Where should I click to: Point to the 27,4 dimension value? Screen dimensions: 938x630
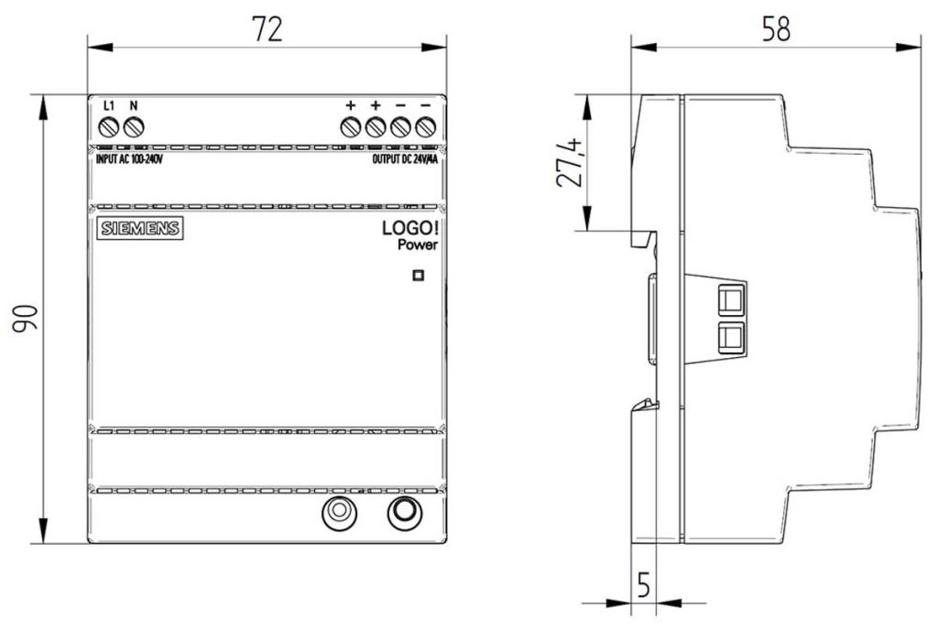click(570, 162)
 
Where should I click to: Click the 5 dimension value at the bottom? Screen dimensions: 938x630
click(644, 585)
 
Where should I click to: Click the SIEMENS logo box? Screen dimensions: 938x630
click(137, 228)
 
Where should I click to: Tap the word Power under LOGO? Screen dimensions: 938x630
click(417, 245)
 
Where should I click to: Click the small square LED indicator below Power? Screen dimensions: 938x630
click(419, 274)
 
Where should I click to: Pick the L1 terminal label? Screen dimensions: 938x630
click(108, 105)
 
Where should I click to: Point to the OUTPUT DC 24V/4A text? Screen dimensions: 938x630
click(404, 158)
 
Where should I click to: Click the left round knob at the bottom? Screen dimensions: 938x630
click(340, 513)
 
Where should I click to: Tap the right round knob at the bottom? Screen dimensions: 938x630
click(402, 513)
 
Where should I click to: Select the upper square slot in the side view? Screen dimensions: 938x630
click(731, 299)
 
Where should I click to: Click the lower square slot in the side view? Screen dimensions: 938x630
click(731, 336)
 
